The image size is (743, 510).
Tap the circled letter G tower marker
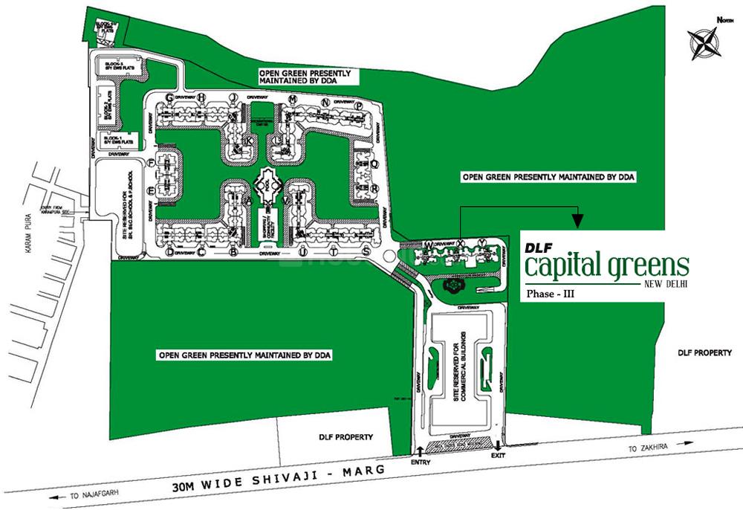[169, 97]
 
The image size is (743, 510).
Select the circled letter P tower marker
[358, 106]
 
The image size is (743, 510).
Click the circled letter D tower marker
[170, 253]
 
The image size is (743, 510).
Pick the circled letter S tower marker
[366, 253]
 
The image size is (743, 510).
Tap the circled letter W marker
[429, 245]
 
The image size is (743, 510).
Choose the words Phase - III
[550, 294]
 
